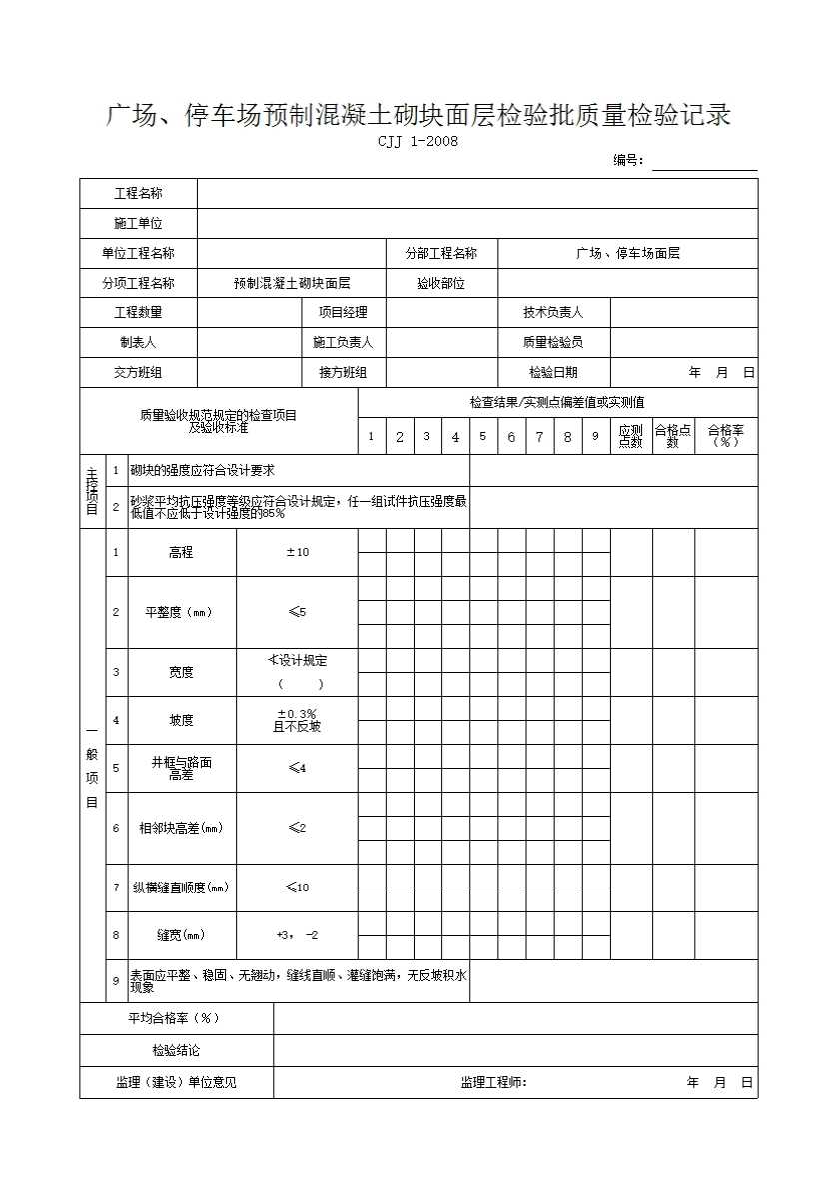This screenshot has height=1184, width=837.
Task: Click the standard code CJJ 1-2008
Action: pyautogui.click(x=418, y=141)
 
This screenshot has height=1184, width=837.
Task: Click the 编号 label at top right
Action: pyautogui.click(x=628, y=161)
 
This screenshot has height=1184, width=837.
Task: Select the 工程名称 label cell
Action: pyautogui.click(x=138, y=194)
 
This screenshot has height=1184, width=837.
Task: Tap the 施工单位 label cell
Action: pyautogui.click(x=138, y=224)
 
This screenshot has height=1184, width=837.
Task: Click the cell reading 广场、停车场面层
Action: pyautogui.click(x=628, y=254)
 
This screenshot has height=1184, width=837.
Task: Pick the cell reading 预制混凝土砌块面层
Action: pyautogui.click(x=292, y=284)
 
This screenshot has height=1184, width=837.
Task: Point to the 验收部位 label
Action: pyautogui.click(x=441, y=284)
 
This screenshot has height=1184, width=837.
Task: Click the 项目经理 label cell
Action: pyautogui.click(x=343, y=313)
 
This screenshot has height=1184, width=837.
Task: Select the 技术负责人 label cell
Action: pyautogui.click(x=553, y=313)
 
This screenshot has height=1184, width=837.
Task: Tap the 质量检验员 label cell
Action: pyautogui.click(x=553, y=343)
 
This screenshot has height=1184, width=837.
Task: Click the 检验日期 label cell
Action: pyautogui.click(x=553, y=373)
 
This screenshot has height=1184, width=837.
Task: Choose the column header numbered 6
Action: pyautogui.click(x=512, y=437)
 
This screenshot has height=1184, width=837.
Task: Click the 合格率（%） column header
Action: pyautogui.click(x=726, y=436)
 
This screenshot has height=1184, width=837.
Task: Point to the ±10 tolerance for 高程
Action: pyautogui.click(x=297, y=553)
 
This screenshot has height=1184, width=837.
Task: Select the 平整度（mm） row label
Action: pyautogui.click(x=181, y=613)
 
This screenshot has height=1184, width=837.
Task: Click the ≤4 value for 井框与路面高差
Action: pyautogui.click(x=297, y=768)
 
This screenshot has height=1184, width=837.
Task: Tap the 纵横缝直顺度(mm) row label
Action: pyautogui.click(x=181, y=888)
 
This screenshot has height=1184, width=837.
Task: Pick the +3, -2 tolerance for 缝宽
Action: pyautogui.click(x=297, y=935)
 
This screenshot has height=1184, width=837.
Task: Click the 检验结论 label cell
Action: pyautogui.click(x=176, y=1051)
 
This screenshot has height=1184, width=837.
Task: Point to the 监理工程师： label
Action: pyautogui.click(x=493, y=1083)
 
